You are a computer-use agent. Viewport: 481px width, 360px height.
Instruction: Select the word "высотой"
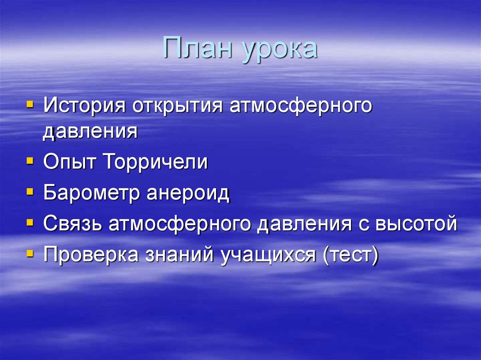tap(416, 224)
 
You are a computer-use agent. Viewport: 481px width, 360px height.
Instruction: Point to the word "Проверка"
tap(91, 255)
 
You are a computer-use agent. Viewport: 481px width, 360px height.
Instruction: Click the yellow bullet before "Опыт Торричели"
tap(30, 161)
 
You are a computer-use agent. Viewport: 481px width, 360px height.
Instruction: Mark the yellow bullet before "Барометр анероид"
tap(30, 192)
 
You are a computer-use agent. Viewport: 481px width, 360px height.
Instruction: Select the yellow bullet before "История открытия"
tap(30, 104)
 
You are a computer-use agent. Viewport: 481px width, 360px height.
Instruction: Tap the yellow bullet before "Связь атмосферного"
tap(30, 222)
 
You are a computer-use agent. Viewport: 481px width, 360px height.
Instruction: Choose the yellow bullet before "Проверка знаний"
tap(30, 253)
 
